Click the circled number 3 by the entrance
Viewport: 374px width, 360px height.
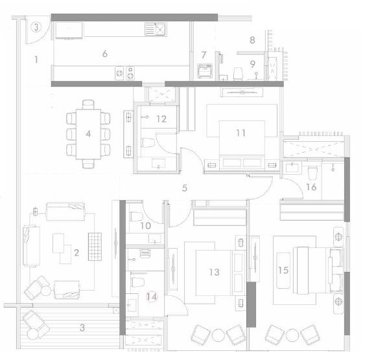(x=37, y=28)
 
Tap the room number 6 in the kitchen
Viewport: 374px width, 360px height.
(x=104, y=54)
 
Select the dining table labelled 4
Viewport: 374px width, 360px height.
(x=88, y=135)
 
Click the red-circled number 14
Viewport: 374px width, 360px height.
(x=152, y=297)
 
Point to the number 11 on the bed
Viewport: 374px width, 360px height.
(x=240, y=133)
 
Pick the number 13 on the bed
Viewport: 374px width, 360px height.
(x=215, y=272)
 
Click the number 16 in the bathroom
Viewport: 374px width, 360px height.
(x=310, y=188)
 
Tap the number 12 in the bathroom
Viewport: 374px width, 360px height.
(x=162, y=118)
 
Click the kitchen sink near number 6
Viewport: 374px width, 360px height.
(x=156, y=28)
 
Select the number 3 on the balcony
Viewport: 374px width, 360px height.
(x=82, y=328)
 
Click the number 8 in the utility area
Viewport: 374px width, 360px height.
(x=251, y=39)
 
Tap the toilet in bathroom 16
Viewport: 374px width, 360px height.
(x=312, y=171)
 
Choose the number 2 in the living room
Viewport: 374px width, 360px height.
(x=76, y=253)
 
